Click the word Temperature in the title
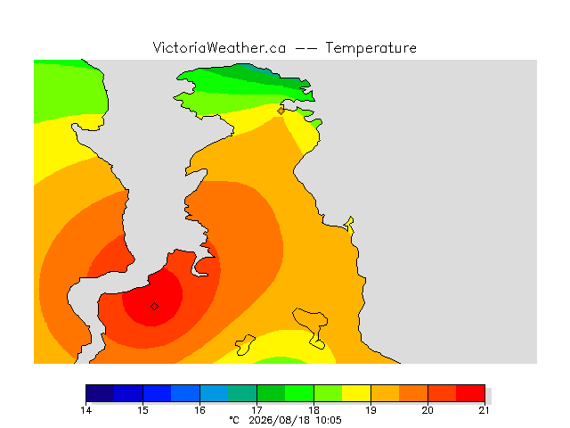[370, 48]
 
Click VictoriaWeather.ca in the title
[219, 47]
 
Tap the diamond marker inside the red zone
[154, 307]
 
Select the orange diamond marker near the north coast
[281, 111]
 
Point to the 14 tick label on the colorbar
[86, 410]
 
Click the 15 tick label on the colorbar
[142, 410]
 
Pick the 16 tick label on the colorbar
[199, 410]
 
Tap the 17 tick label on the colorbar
[256, 410]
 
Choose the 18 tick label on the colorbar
[313, 410]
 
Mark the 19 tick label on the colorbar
[370, 410]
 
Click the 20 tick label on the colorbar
[427, 410]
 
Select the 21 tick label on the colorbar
[484, 410]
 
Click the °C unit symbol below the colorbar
[234, 421]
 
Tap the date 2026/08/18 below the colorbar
[279, 421]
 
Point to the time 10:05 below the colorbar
[329, 421]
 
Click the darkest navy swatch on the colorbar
[100, 393]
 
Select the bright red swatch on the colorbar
[470, 393]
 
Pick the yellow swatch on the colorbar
[356, 393]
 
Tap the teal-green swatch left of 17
[242, 393]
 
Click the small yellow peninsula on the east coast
[350, 226]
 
